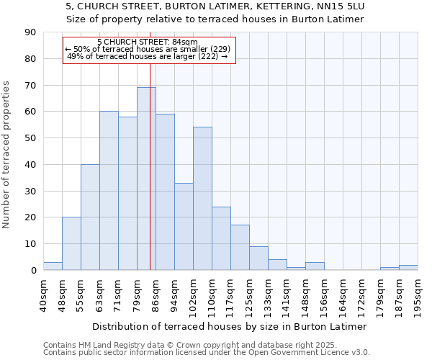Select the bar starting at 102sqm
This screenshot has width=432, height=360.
click(202, 199)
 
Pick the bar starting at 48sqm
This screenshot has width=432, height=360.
click(71, 243)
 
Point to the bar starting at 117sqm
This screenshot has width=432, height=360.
click(240, 248)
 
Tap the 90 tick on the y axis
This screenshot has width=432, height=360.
click(31, 32)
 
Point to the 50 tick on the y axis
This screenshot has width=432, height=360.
click(31, 138)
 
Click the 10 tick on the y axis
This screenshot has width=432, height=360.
click(31, 244)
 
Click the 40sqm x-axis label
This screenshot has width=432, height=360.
click(43, 295)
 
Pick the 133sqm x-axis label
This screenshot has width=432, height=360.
click(268, 295)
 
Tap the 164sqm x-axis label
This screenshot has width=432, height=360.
click(343, 295)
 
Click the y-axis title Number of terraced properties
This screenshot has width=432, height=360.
click(7, 154)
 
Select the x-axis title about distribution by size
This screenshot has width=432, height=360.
click(230, 326)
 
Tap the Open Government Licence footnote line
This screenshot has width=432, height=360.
click(206, 353)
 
